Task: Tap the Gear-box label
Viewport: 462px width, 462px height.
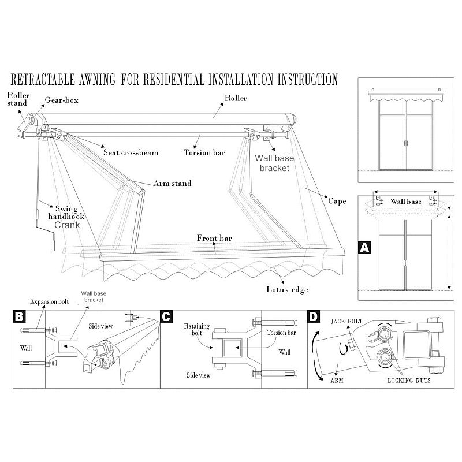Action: [62, 100]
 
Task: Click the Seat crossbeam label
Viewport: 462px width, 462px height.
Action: [131, 153]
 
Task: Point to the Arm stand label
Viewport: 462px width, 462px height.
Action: [172, 184]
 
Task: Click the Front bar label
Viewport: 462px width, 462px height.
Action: [214, 237]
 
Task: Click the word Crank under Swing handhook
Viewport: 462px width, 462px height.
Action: [68, 225]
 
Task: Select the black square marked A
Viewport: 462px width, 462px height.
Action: [364, 247]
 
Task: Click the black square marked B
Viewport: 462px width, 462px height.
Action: [20, 317]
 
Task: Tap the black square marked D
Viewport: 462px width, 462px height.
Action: [312, 317]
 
